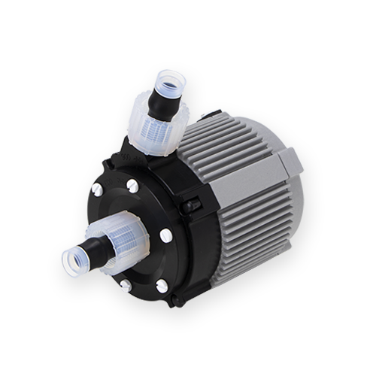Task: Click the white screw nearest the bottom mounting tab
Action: pos(161,284)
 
